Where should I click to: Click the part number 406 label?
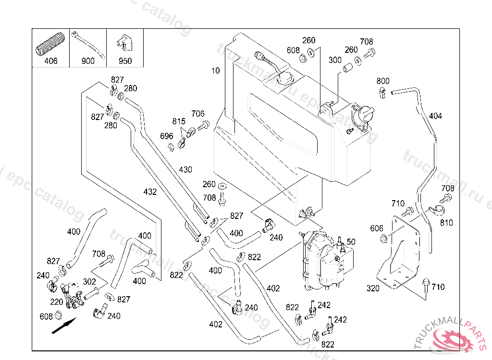[50, 61]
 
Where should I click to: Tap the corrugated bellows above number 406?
[50, 44]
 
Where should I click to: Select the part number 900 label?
[88, 61]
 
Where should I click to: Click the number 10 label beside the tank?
[215, 71]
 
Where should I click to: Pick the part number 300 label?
[335, 60]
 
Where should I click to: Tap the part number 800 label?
[383, 81]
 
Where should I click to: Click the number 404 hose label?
[435, 116]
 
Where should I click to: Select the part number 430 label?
[185, 169]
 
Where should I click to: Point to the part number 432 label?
[150, 192]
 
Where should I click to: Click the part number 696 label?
[166, 136]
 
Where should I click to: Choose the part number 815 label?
[179, 121]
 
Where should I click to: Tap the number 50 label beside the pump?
[351, 241]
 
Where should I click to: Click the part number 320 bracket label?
[373, 288]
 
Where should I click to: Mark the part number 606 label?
[377, 228]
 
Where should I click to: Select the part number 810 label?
[446, 223]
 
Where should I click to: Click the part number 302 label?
[89, 282]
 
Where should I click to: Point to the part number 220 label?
[57, 302]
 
